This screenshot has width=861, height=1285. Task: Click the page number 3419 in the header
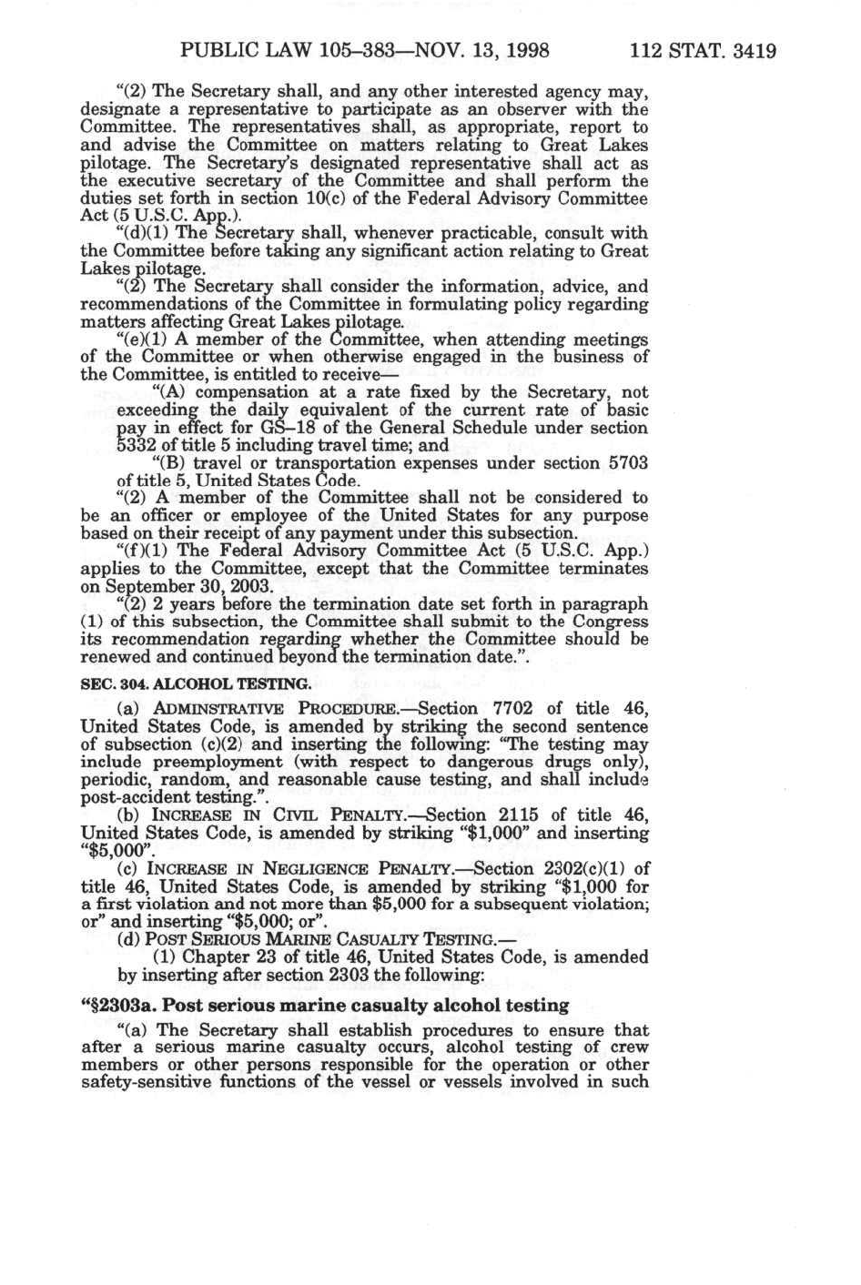tap(752, 50)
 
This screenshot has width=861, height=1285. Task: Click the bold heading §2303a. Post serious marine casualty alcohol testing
tap(325, 1006)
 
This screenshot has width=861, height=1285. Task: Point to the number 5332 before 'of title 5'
tap(137, 446)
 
